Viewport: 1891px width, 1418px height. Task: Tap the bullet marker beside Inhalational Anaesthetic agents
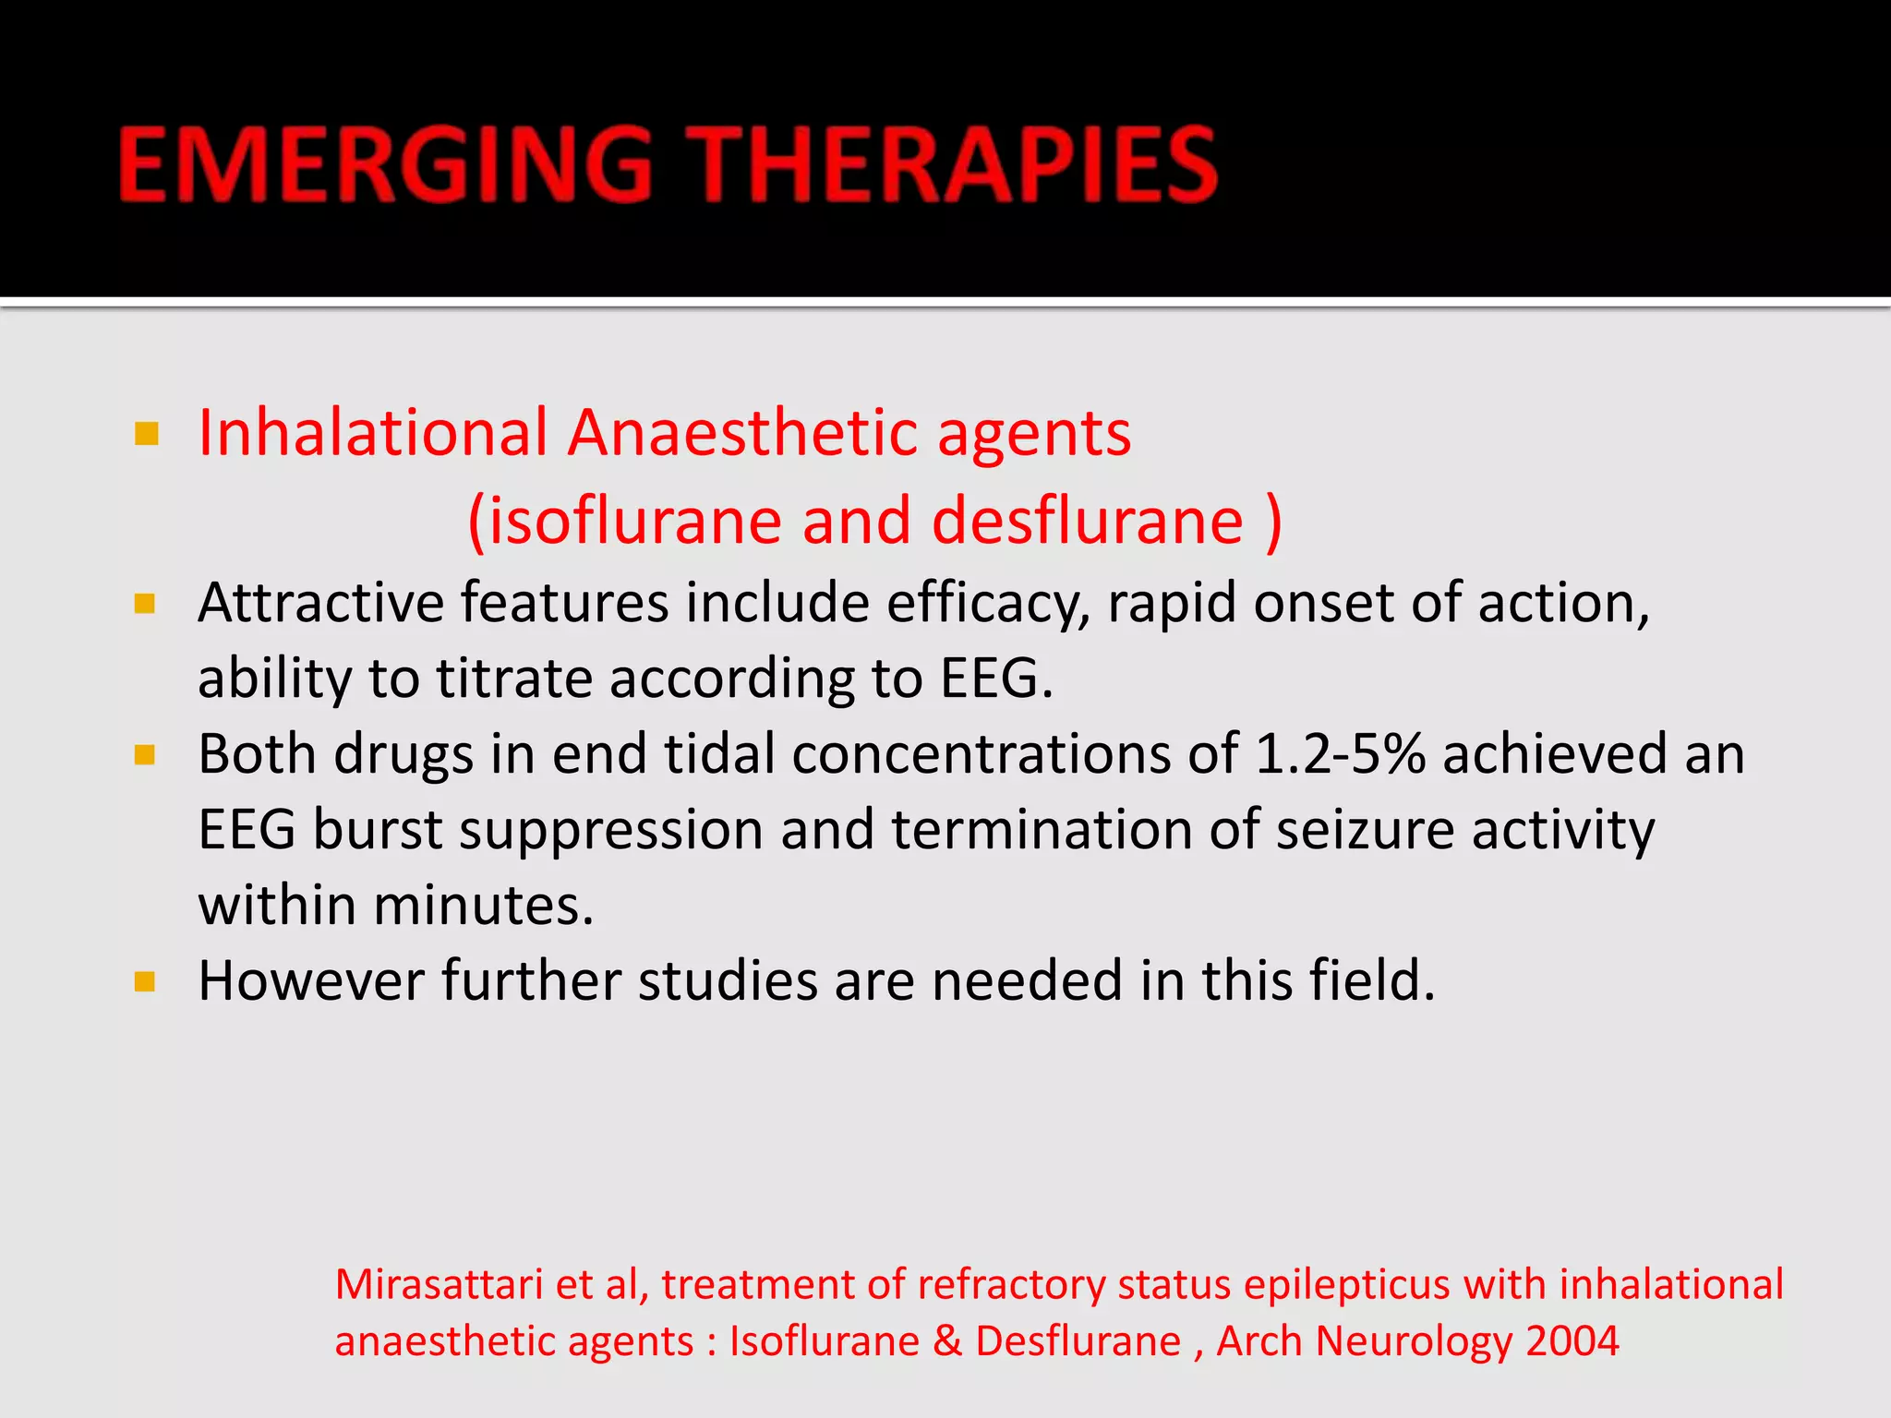146,433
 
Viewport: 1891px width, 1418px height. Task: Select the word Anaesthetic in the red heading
742,433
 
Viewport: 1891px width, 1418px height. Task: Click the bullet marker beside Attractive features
145,605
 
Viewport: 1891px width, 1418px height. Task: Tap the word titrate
513,679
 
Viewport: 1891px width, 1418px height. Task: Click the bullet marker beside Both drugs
145,756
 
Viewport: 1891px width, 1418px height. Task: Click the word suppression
610,830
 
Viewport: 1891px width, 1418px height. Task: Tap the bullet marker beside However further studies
145,981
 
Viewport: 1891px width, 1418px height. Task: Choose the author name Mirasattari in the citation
439,1285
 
